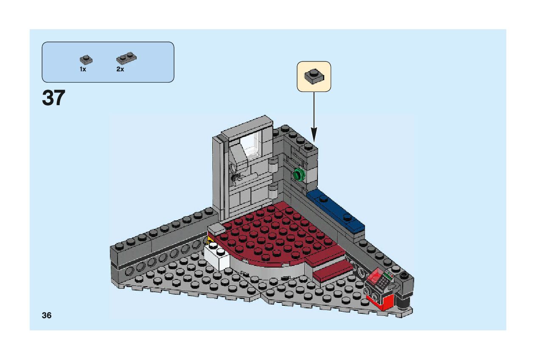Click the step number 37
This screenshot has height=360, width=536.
coord(53,98)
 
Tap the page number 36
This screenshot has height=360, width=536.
coord(47,315)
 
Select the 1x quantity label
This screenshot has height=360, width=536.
coord(83,69)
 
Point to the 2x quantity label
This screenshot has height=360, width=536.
coord(120,69)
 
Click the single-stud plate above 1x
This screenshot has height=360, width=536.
coord(86,60)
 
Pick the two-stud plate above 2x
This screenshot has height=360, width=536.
coord(126,58)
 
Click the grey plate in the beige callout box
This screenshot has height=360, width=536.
coord(314,76)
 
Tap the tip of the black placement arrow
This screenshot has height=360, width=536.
coord(314,141)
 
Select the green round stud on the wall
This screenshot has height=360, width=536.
coord(299,174)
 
